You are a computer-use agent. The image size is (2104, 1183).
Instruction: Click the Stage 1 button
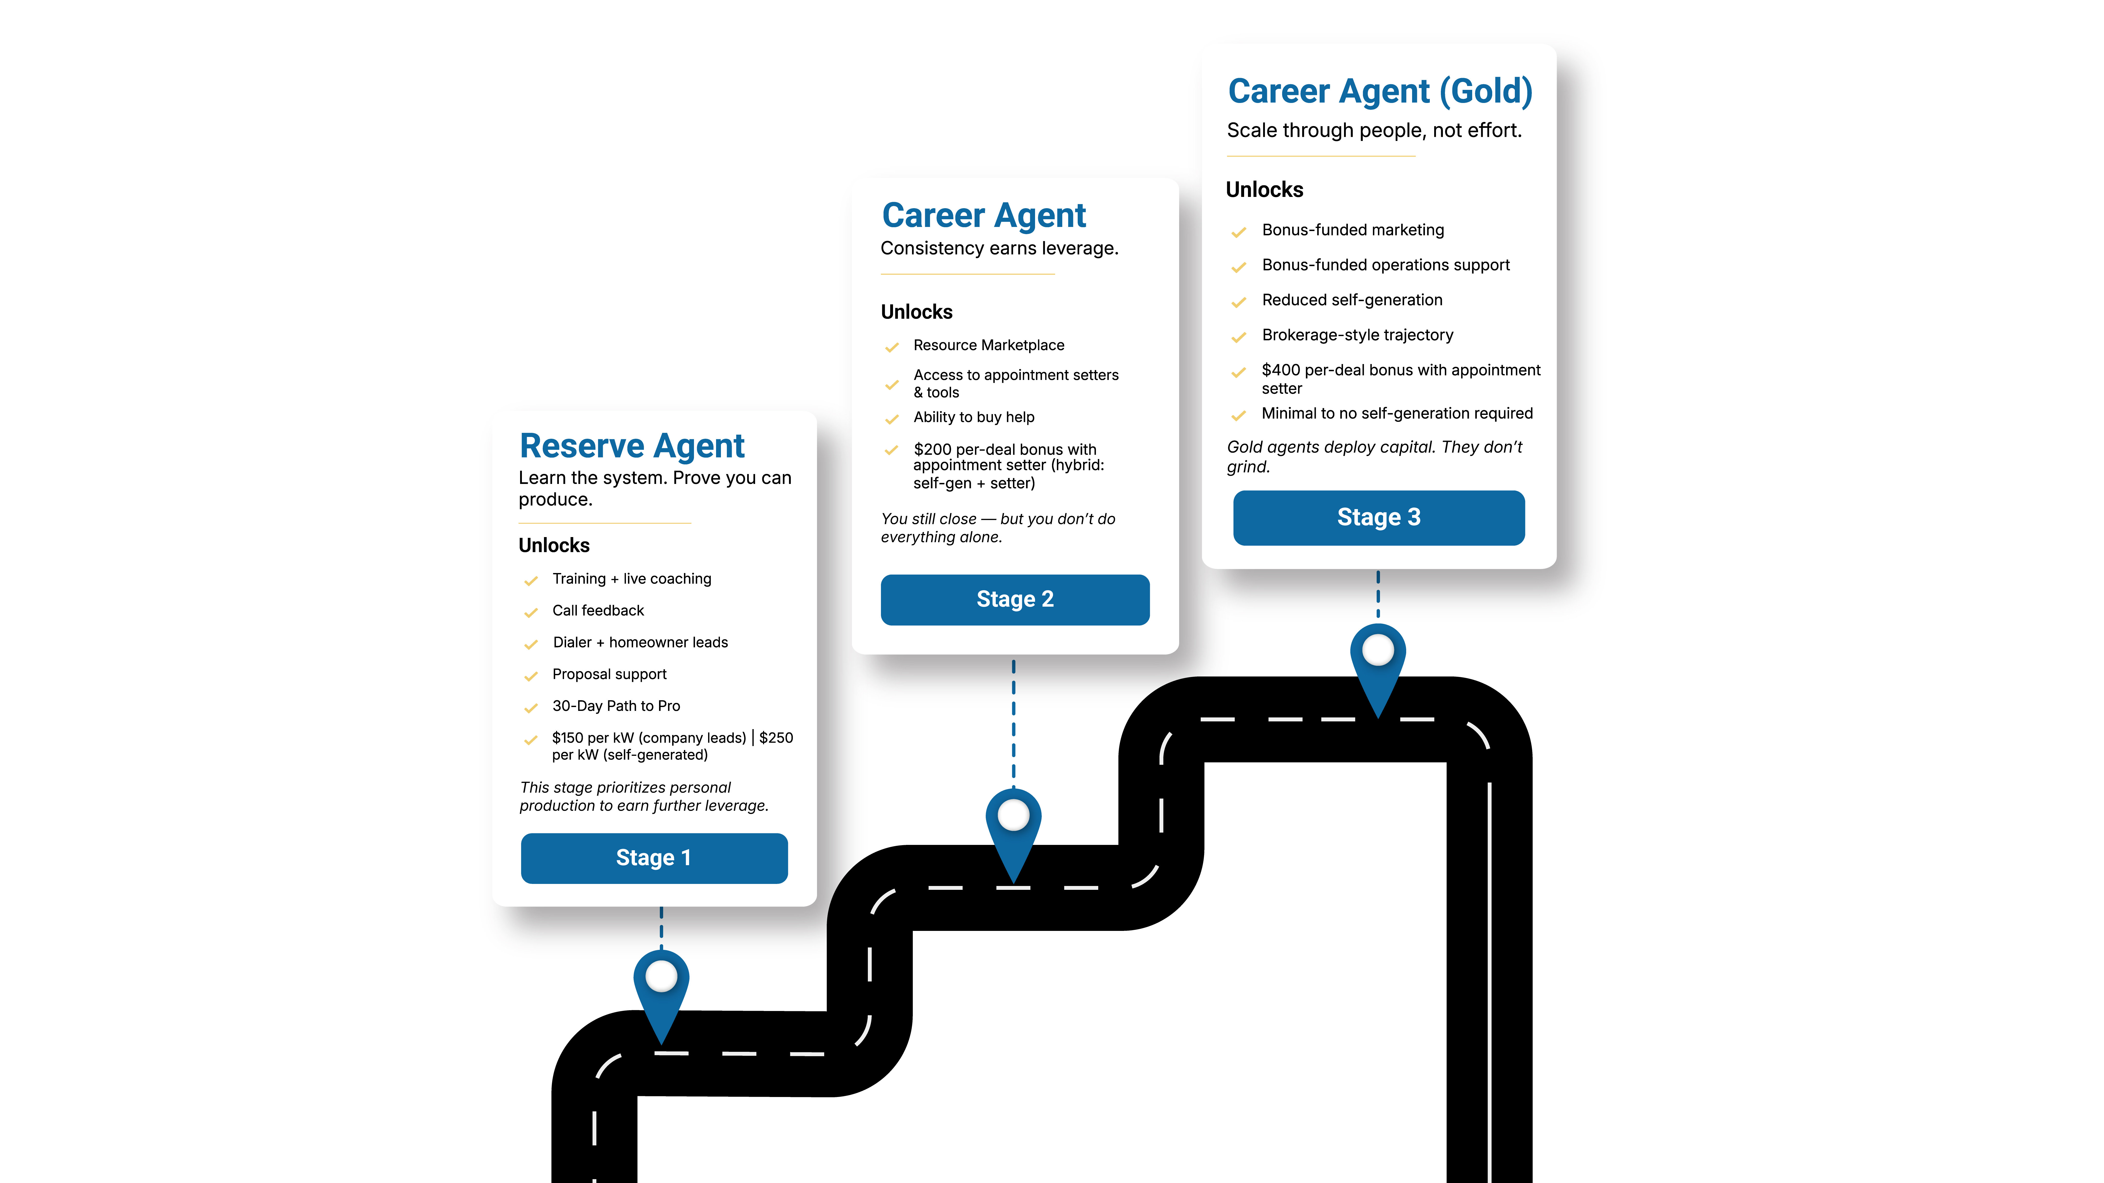click(x=653, y=858)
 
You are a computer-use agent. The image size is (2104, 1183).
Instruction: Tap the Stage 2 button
click(x=1015, y=599)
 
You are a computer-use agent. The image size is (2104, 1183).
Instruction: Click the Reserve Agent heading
click(x=631, y=446)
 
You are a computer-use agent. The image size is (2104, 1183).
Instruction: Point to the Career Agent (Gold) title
click(x=1379, y=91)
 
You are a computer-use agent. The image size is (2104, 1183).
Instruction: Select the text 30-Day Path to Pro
click(x=616, y=706)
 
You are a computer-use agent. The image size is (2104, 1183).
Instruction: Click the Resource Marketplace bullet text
click(x=988, y=345)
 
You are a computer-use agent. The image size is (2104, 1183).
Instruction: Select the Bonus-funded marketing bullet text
click(x=1352, y=230)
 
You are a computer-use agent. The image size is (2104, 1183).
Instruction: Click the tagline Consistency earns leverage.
click(x=999, y=248)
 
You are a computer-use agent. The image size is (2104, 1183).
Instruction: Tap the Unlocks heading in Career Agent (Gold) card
click(x=1264, y=190)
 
